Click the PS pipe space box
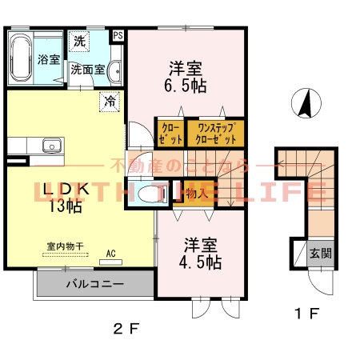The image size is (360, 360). pos(118,35)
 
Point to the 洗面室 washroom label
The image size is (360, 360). pos(87,69)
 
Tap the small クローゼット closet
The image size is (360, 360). pos(170,131)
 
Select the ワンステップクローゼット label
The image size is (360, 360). pos(214,131)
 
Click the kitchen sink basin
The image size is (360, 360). pos(51,146)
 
